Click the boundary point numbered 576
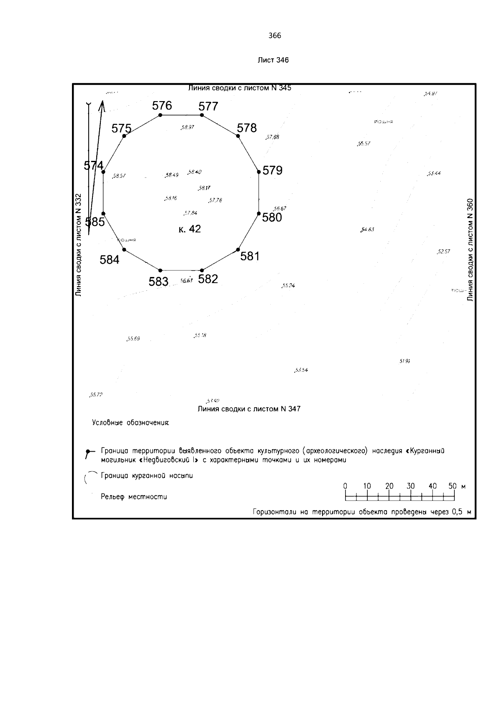click(160, 115)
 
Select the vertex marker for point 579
click(259, 171)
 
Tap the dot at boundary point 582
click(202, 270)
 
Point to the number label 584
click(110, 260)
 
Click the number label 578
click(247, 128)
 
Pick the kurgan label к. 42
click(190, 229)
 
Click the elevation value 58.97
click(187, 127)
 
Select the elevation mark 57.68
click(272, 137)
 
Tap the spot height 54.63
click(367, 230)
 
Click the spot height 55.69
click(133, 339)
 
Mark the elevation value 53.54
click(301, 370)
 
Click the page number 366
click(275, 36)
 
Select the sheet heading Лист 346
click(273, 60)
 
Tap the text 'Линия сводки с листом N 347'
click(249, 409)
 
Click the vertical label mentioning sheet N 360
click(470, 249)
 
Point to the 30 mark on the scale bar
click(410, 486)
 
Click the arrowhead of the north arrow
click(102, 104)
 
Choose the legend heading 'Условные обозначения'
click(131, 423)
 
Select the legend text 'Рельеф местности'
click(134, 497)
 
